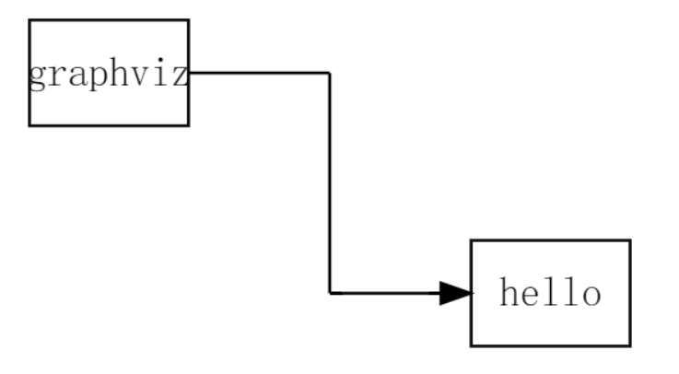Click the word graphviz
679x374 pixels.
tap(109, 74)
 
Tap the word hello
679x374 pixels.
tap(550, 294)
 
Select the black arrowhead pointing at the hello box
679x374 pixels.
tap(455, 293)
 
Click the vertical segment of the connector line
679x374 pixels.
tap(330, 184)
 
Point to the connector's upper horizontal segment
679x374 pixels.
tap(258, 72)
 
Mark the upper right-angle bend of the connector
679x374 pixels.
tap(330, 72)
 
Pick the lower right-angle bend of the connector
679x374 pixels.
tap(330, 293)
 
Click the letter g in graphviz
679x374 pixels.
tap(37, 76)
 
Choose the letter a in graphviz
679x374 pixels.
tap(77, 76)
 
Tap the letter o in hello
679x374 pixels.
tap(591, 295)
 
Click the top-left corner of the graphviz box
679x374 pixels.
tap(29, 20)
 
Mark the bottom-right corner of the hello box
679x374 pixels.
tap(630, 345)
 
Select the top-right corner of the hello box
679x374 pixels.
tap(630, 240)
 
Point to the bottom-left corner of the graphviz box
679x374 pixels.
tap(29, 124)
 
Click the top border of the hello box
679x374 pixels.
tap(550, 240)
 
